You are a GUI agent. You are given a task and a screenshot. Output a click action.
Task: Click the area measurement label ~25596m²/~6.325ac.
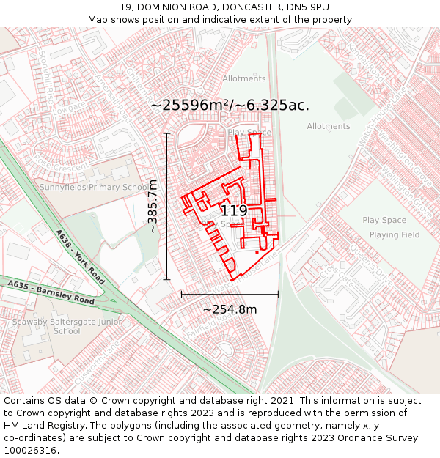click(x=230, y=105)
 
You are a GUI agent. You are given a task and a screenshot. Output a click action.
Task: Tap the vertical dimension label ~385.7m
click(x=153, y=207)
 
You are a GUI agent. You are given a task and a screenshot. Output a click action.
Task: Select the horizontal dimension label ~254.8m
click(x=230, y=309)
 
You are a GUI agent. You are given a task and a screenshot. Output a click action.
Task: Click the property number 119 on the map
click(x=233, y=211)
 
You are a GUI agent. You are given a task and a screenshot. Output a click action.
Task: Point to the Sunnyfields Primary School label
click(x=94, y=187)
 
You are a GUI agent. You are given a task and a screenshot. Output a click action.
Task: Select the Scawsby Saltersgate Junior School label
click(x=67, y=326)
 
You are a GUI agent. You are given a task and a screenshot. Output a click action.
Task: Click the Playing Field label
click(x=394, y=235)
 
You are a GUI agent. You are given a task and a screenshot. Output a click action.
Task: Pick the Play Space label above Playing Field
click(x=384, y=220)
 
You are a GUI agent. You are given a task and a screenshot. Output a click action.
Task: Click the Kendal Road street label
click(x=366, y=62)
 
